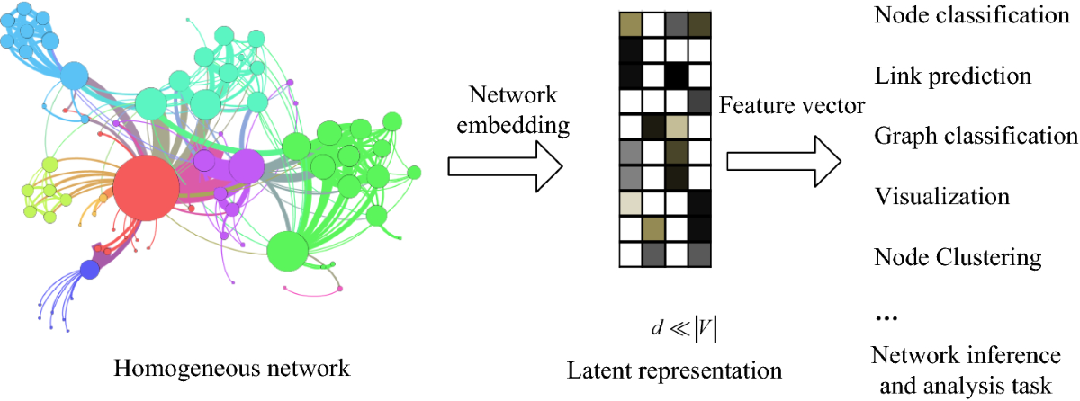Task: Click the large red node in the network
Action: [146, 188]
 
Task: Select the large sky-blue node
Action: [74, 75]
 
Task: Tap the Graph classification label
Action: [976, 135]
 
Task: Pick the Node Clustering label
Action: [957, 257]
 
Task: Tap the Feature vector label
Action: [792, 107]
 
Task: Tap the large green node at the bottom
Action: [286, 251]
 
